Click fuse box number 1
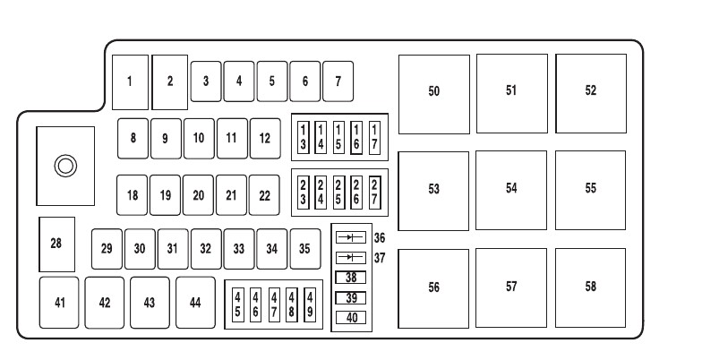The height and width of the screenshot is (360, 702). pos(130,81)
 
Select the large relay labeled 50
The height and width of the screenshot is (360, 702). pos(434,91)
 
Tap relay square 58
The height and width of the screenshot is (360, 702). pos(590,287)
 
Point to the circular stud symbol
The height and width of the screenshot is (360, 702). pos(65,165)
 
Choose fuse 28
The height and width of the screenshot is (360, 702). pos(56,243)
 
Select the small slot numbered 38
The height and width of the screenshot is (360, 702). pos(350,278)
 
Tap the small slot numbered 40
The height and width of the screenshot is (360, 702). pos(350,317)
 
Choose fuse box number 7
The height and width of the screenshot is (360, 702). pos(338,81)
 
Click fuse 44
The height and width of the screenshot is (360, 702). pos(195,302)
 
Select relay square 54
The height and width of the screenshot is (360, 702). pos(511,188)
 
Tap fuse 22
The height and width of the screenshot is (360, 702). pos(265,194)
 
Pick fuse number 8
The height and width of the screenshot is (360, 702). pos(133,138)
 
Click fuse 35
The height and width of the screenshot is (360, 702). pos(305,248)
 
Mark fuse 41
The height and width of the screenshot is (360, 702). pos(59,302)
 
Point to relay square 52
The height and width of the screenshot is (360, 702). pos(590,91)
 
